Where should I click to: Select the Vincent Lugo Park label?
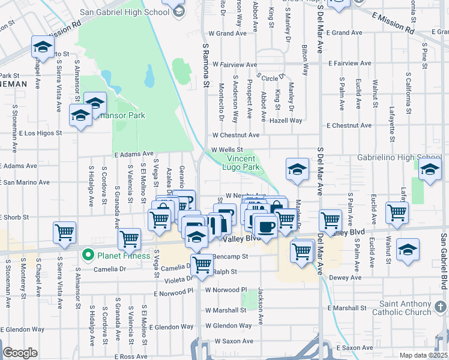click(x=243, y=163)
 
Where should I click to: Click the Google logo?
click(x=20, y=353)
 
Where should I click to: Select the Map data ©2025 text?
click(x=424, y=355)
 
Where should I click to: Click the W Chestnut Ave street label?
click(x=235, y=136)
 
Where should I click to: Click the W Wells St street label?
click(x=226, y=150)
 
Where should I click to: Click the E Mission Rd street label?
click(x=393, y=22)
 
